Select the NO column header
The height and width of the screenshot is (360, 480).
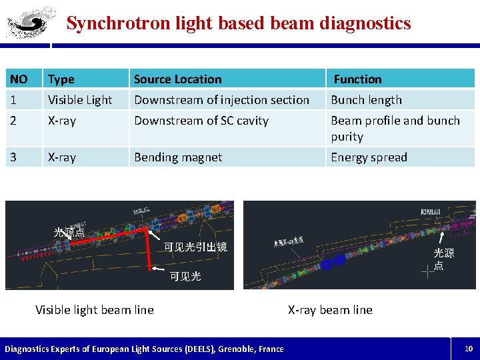coord(19,79)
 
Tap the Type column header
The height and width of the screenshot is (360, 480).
coord(61,79)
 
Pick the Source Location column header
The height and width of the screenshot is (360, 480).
coord(177,79)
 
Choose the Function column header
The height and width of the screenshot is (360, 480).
coord(358,79)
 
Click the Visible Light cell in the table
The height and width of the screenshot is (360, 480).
coord(80,100)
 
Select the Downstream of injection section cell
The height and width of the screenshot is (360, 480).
coord(221,100)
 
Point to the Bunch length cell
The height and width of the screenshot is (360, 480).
coord(367,100)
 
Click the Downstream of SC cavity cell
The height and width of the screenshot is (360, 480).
coord(201,121)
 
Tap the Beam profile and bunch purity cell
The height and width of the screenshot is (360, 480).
coord(395,128)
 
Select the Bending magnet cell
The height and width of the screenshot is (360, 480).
coord(178,157)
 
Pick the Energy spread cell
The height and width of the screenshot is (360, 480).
coord(369,157)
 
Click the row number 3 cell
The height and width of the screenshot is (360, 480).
coord(14,157)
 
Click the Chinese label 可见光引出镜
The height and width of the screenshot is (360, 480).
coord(195,247)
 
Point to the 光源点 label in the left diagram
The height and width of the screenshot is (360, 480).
coord(69,233)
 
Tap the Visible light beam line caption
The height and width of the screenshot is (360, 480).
coord(94,309)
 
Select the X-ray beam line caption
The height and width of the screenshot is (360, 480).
coord(330,309)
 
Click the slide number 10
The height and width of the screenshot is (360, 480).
coord(469,348)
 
